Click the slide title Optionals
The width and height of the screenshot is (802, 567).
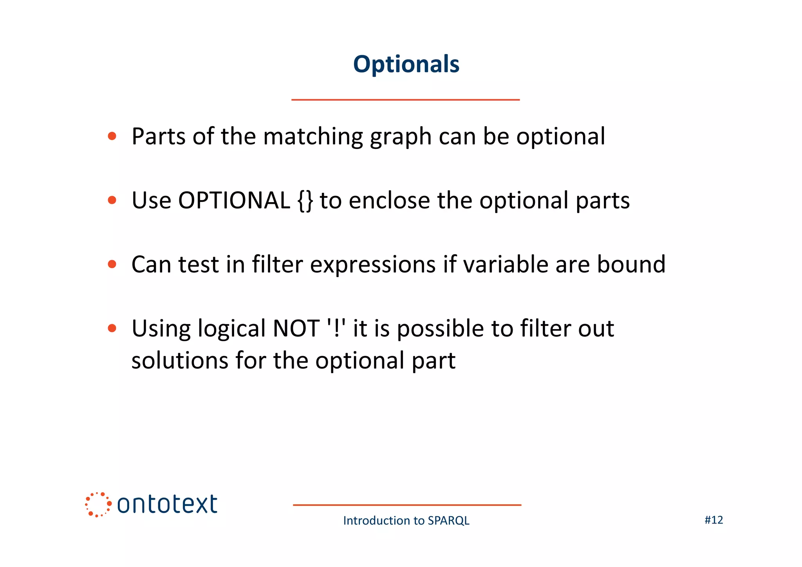tap(406, 64)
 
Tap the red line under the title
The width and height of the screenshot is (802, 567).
tap(405, 100)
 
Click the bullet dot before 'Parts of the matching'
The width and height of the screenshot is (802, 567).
tap(112, 136)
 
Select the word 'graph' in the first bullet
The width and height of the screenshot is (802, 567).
tap(401, 137)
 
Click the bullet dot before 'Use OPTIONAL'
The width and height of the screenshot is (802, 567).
tap(112, 200)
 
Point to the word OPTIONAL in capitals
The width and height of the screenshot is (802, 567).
tap(234, 200)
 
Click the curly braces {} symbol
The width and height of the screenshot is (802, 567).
tap(305, 201)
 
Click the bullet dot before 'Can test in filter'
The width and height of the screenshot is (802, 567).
tap(112, 264)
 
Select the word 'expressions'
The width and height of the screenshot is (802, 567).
tap(372, 265)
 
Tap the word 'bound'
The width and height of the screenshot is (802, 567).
tap(631, 264)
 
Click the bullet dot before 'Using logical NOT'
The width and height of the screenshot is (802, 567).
tap(112, 328)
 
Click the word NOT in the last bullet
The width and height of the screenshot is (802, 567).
tap(296, 328)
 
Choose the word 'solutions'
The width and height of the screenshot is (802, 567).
tap(179, 360)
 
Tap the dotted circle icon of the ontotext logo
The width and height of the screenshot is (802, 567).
tap(98, 504)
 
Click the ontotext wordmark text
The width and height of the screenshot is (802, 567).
tap(167, 504)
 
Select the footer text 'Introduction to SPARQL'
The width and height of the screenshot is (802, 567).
tap(406, 520)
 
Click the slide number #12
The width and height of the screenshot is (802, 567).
tap(713, 520)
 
